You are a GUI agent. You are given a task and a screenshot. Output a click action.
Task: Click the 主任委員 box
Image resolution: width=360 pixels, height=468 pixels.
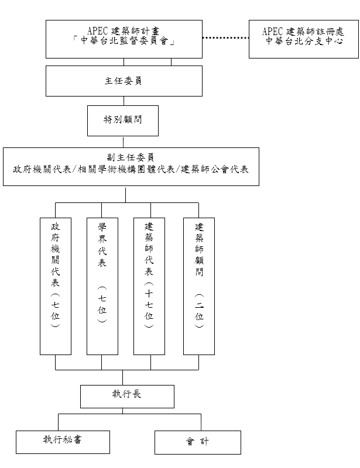[x=124, y=81]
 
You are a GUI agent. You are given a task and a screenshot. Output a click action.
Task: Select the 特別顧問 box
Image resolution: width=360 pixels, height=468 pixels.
[x=123, y=121]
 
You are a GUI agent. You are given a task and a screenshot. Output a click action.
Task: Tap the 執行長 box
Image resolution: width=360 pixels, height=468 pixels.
[x=127, y=397]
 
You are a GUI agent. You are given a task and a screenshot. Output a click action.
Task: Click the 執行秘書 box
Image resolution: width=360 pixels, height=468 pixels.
[x=63, y=442]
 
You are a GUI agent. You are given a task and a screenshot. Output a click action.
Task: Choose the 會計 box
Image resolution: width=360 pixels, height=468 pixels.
[x=198, y=442]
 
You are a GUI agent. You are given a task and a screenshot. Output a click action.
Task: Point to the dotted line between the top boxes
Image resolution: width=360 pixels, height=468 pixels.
[x=225, y=38]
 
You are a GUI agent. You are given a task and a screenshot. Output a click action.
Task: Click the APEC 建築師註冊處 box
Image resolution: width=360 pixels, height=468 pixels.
[x=304, y=39]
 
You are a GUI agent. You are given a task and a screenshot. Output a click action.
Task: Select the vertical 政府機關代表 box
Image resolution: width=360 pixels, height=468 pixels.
[x=56, y=286]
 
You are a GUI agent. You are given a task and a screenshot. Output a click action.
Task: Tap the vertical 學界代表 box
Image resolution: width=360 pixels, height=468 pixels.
[x=102, y=286]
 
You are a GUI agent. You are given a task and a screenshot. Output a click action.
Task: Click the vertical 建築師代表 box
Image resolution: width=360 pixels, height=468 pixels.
[x=149, y=286]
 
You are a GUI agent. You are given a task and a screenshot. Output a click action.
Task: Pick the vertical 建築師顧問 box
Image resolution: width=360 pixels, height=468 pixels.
[x=199, y=286]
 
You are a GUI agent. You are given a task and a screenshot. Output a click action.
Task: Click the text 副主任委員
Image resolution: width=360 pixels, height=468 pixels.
[x=131, y=157]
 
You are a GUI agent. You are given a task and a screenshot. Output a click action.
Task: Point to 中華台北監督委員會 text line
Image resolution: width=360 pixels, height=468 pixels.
[x=124, y=40]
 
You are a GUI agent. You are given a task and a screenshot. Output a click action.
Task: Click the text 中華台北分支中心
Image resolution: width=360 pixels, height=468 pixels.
[x=304, y=41]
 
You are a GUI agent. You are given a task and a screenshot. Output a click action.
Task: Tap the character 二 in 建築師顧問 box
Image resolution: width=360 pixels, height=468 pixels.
[x=199, y=305]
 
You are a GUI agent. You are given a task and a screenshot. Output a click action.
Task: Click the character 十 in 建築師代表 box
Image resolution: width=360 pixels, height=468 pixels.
[x=149, y=294]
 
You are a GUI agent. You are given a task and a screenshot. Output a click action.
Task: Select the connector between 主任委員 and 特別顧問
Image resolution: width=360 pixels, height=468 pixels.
[x=124, y=101]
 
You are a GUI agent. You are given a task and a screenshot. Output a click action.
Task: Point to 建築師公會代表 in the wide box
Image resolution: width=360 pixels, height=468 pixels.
[x=214, y=170]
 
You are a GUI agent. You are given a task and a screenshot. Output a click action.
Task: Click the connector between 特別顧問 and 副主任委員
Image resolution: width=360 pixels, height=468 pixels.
[x=123, y=142]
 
